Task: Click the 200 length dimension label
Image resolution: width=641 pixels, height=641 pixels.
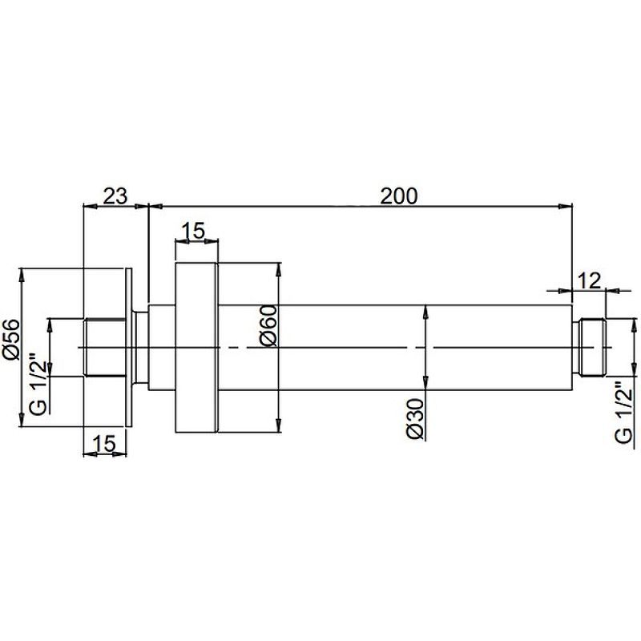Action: click(x=399, y=196)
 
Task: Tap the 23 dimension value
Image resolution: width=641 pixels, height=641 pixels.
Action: click(x=115, y=196)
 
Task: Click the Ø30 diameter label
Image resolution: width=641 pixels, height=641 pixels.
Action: click(x=416, y=419)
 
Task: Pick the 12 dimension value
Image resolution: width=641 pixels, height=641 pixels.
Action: click(x=589, y=281)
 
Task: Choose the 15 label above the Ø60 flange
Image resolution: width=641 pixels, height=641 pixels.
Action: click(x=193, y=231)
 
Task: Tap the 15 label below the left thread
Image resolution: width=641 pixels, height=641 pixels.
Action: click(x=104, y=444)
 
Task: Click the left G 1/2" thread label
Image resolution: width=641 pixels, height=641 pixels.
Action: click(x=38, y=381)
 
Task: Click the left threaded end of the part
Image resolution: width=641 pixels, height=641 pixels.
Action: click(x=105, y=348)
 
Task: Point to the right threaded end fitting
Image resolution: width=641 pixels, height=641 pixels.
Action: click(x=588, y=348)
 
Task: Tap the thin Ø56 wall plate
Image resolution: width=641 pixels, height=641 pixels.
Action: click(x=129, y=348)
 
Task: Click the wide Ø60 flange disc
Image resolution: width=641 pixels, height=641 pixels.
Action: click(x=196, y=348)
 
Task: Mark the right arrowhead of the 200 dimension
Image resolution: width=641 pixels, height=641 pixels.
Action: click(x=566, y=207)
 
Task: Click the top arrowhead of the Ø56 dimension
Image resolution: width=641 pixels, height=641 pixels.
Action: click(x=21, y=276)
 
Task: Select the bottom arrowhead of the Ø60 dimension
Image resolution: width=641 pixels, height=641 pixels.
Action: click(x=278, y=425)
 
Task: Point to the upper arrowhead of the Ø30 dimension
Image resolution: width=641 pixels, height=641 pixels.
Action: click(x=425, y=312)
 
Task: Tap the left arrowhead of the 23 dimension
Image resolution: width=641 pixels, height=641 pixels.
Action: click(x=91, y=207)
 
